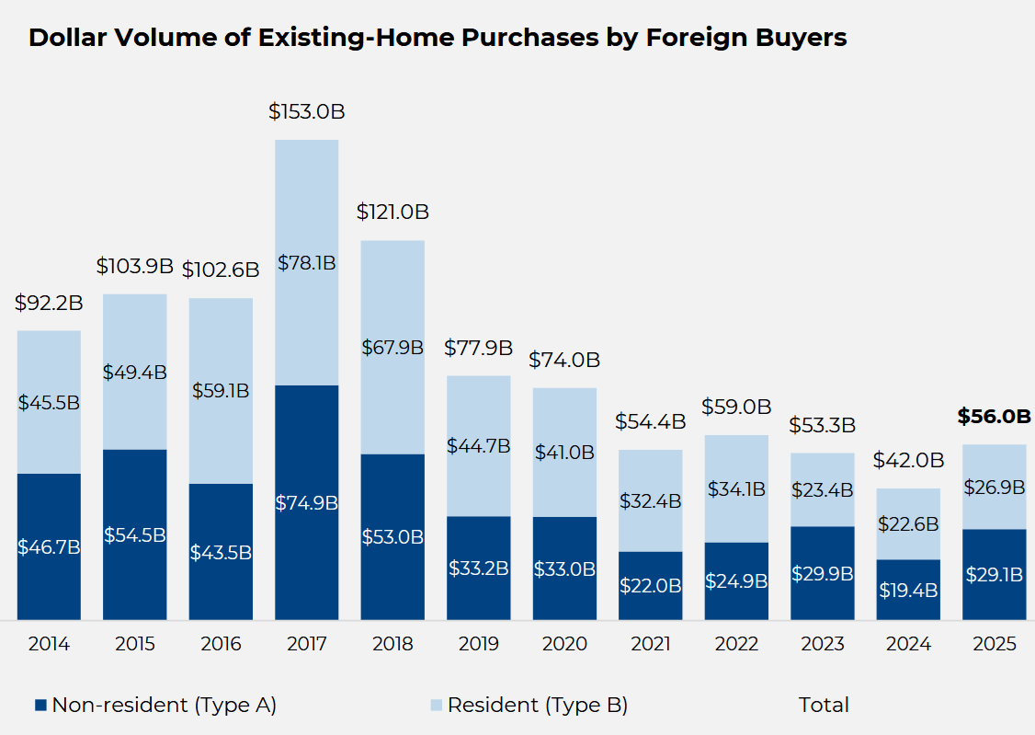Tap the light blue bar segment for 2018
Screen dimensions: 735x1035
[392, 304]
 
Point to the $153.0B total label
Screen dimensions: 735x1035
[307, 111]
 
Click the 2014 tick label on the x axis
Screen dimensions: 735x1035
[49, 644]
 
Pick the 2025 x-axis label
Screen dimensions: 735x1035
[994, 644]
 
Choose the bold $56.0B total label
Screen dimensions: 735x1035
[994, 417]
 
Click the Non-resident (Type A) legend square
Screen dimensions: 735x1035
[40, 706]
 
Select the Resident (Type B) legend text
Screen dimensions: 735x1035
[538, 706]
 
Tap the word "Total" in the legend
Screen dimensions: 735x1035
[824, 706]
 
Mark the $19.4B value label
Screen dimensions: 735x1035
[907, 591]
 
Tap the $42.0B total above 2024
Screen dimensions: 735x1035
[907, 460]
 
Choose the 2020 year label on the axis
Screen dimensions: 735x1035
[564, 644]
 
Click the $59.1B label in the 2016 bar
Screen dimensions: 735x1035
[221, 391]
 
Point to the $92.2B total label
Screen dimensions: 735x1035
[49, 303]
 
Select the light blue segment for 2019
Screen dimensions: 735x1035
[478, 414]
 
